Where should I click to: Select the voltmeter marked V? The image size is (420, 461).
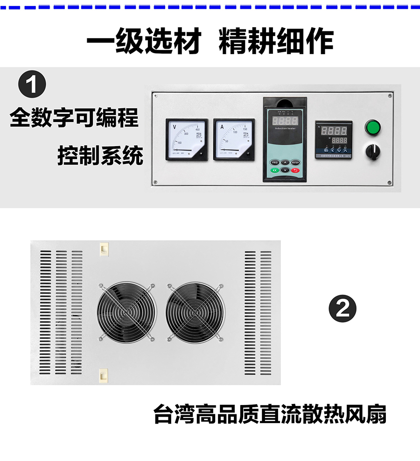click(187, 139)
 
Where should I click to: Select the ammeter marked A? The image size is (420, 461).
click(234, 139)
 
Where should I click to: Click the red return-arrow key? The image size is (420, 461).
click(295, 170)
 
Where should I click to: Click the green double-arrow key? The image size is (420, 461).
click(274, 170)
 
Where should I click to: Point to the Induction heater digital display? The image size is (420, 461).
click(285, 120)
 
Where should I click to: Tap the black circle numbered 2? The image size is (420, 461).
click(343, 308)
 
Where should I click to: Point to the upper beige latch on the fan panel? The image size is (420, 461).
click(104, 248)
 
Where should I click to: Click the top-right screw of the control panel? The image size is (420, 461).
click(390, 96)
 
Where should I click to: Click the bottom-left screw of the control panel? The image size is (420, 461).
click(155, 182)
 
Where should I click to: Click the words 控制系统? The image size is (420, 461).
click(100, 155)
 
